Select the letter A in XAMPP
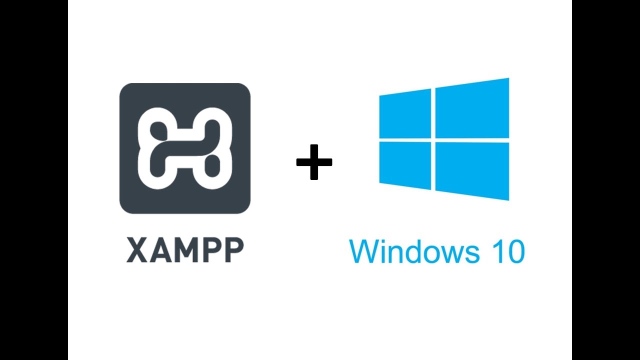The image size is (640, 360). (160, 250)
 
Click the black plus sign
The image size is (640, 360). (314, 162)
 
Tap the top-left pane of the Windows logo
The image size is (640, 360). (404, 113)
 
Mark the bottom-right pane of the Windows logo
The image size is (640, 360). (472, 170)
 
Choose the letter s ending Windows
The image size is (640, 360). (471, 253)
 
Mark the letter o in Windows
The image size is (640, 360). (432, 253)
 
